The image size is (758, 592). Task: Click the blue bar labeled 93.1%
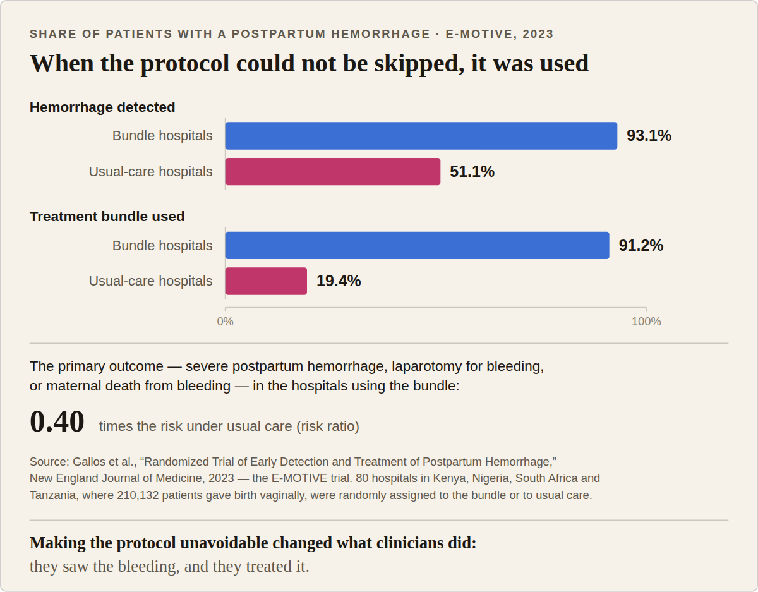click(x=421, y=136)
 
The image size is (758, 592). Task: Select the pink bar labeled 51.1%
click(x=333, y=172)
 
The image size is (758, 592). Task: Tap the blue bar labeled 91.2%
click(x=417, y=245)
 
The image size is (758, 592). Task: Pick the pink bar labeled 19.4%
click(x=266, y=281)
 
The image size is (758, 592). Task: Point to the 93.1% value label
click(x=649, y=136)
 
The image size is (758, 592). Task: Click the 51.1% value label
click(x=472, y=172)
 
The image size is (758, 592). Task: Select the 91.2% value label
click(x=641, y=245)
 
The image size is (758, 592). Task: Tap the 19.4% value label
click(x=339, y=281)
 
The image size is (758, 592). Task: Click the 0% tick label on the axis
click(x=226, y=322)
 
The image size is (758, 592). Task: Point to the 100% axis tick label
click(x=646, y=322)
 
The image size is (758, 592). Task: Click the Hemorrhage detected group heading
click(x=102, y=107)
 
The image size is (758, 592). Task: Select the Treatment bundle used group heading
click(x=107, y=216)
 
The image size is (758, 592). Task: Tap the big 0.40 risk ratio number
click(x=57, y=421)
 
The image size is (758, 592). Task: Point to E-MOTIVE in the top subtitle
click(x=479, y=34)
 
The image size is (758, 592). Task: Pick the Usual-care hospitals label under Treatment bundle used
click(x=151, y=281)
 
